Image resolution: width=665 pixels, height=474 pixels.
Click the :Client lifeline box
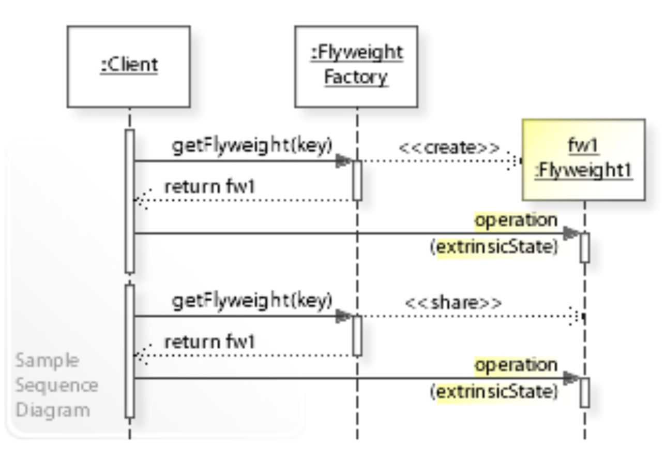click(x=129, y=67)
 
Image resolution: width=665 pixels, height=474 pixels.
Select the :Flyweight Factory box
click(x=356, y=67)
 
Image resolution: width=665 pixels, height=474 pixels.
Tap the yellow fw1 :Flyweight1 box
click(x=583, y=159)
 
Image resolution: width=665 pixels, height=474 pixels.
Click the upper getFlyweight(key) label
click(x=252, y=146)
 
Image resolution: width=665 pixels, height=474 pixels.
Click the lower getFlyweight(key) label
click(x=252, y=301)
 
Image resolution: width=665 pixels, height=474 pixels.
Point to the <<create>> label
click(x=449, y=148)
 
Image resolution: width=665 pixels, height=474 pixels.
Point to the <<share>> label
click(x=453, y=303)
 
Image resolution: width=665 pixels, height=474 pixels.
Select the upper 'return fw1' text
click(x=209, y=187)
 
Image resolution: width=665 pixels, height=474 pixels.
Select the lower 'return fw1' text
click(x=209, y=342)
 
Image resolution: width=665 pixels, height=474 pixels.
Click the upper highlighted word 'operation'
click(x=516, y=220)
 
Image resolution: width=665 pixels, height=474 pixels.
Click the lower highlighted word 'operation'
click(x=516, y=365)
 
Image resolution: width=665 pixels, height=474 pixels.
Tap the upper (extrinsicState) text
click(x=494, y=247)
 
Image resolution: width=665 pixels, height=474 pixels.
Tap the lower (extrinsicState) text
click(x=494, y=392)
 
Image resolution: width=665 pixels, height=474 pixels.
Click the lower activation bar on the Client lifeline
click(x=130, y=351)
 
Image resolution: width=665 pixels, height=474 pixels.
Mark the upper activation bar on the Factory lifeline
click(x=357, y=180)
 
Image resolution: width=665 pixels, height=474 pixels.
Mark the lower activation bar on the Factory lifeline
click(x=357, y=336)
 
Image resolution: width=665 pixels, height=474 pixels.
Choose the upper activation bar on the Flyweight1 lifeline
click(x=585, y=248)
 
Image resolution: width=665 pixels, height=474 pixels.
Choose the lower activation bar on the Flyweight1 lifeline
click(x=585, y=393)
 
